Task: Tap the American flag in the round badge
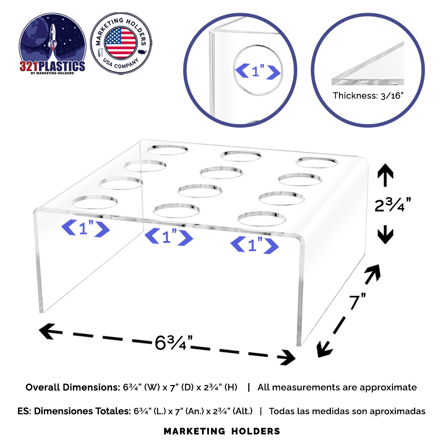point(121,43)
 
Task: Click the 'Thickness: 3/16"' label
point(368,96)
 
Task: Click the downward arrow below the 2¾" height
point(385,235)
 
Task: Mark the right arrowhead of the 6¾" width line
point(289,357)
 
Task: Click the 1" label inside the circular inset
point(258,71)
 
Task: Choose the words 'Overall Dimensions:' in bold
point(72,387)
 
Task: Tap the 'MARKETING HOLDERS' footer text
point(222,432)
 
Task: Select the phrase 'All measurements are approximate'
point(337,387)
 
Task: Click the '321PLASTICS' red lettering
point(52,66)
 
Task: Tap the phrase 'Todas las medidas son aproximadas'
point(347,411)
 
